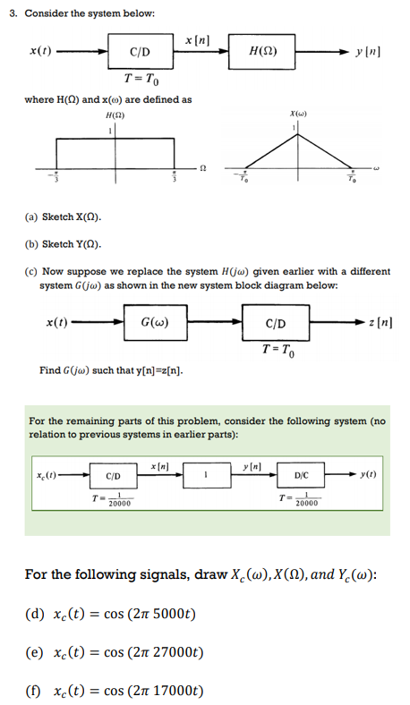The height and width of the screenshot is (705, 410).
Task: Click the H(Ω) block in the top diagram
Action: pyautogui.click(x=266, y=50)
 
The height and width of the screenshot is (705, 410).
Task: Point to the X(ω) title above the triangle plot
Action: pyautogui.click(x=298, y=115)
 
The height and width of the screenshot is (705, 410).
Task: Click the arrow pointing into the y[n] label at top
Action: pyautogui.click(x=343, y=50)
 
